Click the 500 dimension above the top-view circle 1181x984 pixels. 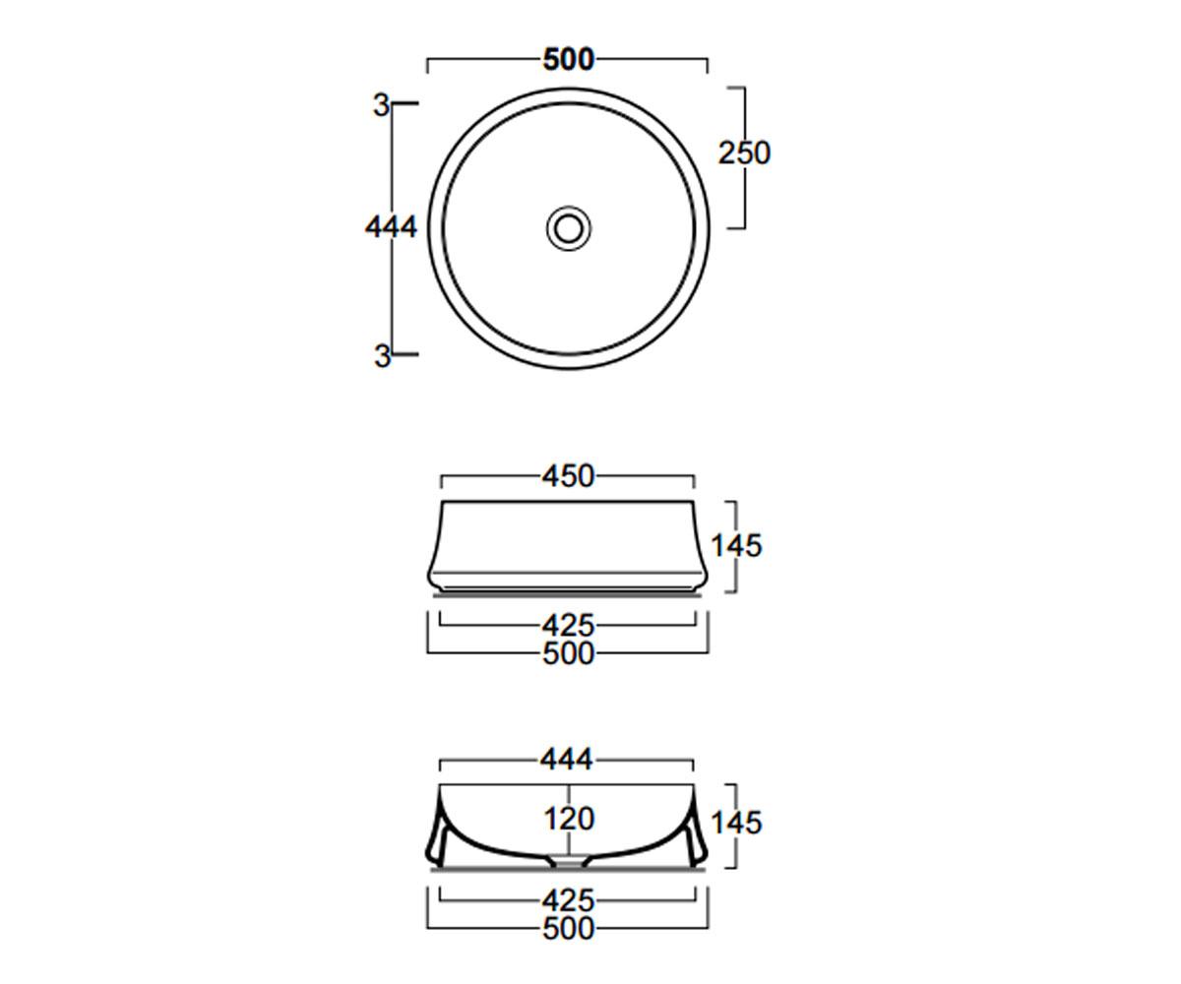click(x=569, y=59)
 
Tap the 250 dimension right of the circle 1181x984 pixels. click(x=744, y=154)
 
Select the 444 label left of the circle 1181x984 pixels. click(x=391, y=227)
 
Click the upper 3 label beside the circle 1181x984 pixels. click(x=382, y=105)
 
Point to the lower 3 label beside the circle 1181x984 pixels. click(x=383, y=357)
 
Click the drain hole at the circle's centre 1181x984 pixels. click(x=569, y=228)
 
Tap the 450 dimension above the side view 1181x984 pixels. click(x=569, y=476)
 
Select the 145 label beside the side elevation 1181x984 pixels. click(x=736, y=546)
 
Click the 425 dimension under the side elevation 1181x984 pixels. click(x=569, y=626)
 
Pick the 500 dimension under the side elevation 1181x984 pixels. click(x=569, y=653)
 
